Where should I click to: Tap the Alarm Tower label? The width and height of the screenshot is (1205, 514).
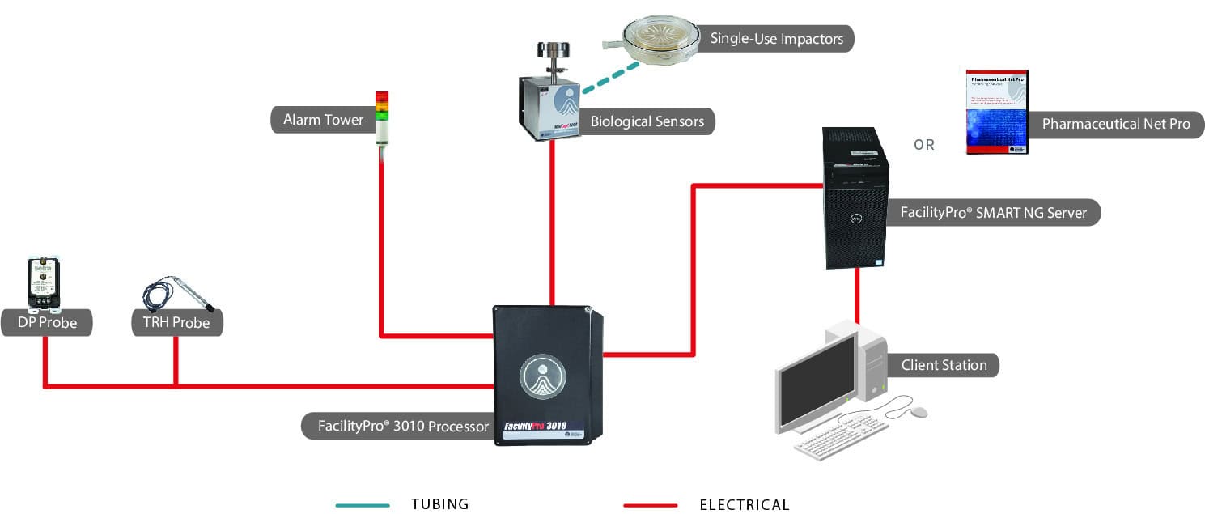click(322, 121)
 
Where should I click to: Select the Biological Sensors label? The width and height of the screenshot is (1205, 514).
click(647, 122)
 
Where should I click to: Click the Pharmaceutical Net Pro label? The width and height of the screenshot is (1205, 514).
click(1115, 125)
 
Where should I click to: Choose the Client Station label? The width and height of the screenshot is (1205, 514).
click(944, 365)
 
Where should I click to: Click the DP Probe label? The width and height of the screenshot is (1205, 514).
click(47, 323)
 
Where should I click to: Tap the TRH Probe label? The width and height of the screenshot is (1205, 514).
click(176, 323)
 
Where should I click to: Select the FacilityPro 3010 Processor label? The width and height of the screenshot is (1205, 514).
click(403, 426)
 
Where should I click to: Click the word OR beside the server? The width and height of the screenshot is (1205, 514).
click(924, 146)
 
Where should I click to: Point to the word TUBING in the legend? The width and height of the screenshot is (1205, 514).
click(440, 504)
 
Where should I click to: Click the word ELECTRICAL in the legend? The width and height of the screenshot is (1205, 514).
click(744, 505)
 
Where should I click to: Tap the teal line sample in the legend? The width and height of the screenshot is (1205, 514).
click(363, 505)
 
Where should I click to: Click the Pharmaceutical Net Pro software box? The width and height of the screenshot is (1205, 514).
click(997, 112)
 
